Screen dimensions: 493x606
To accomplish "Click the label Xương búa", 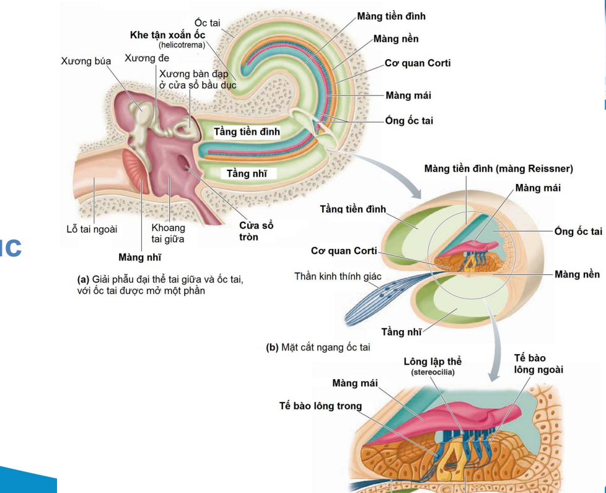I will (86, 61).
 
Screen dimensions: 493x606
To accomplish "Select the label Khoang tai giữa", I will (169, 233).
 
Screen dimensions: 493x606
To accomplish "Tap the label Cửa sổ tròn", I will (257, 231).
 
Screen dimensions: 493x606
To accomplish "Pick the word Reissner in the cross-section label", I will (550, 168).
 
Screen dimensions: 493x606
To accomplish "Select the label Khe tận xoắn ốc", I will (167, 35).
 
